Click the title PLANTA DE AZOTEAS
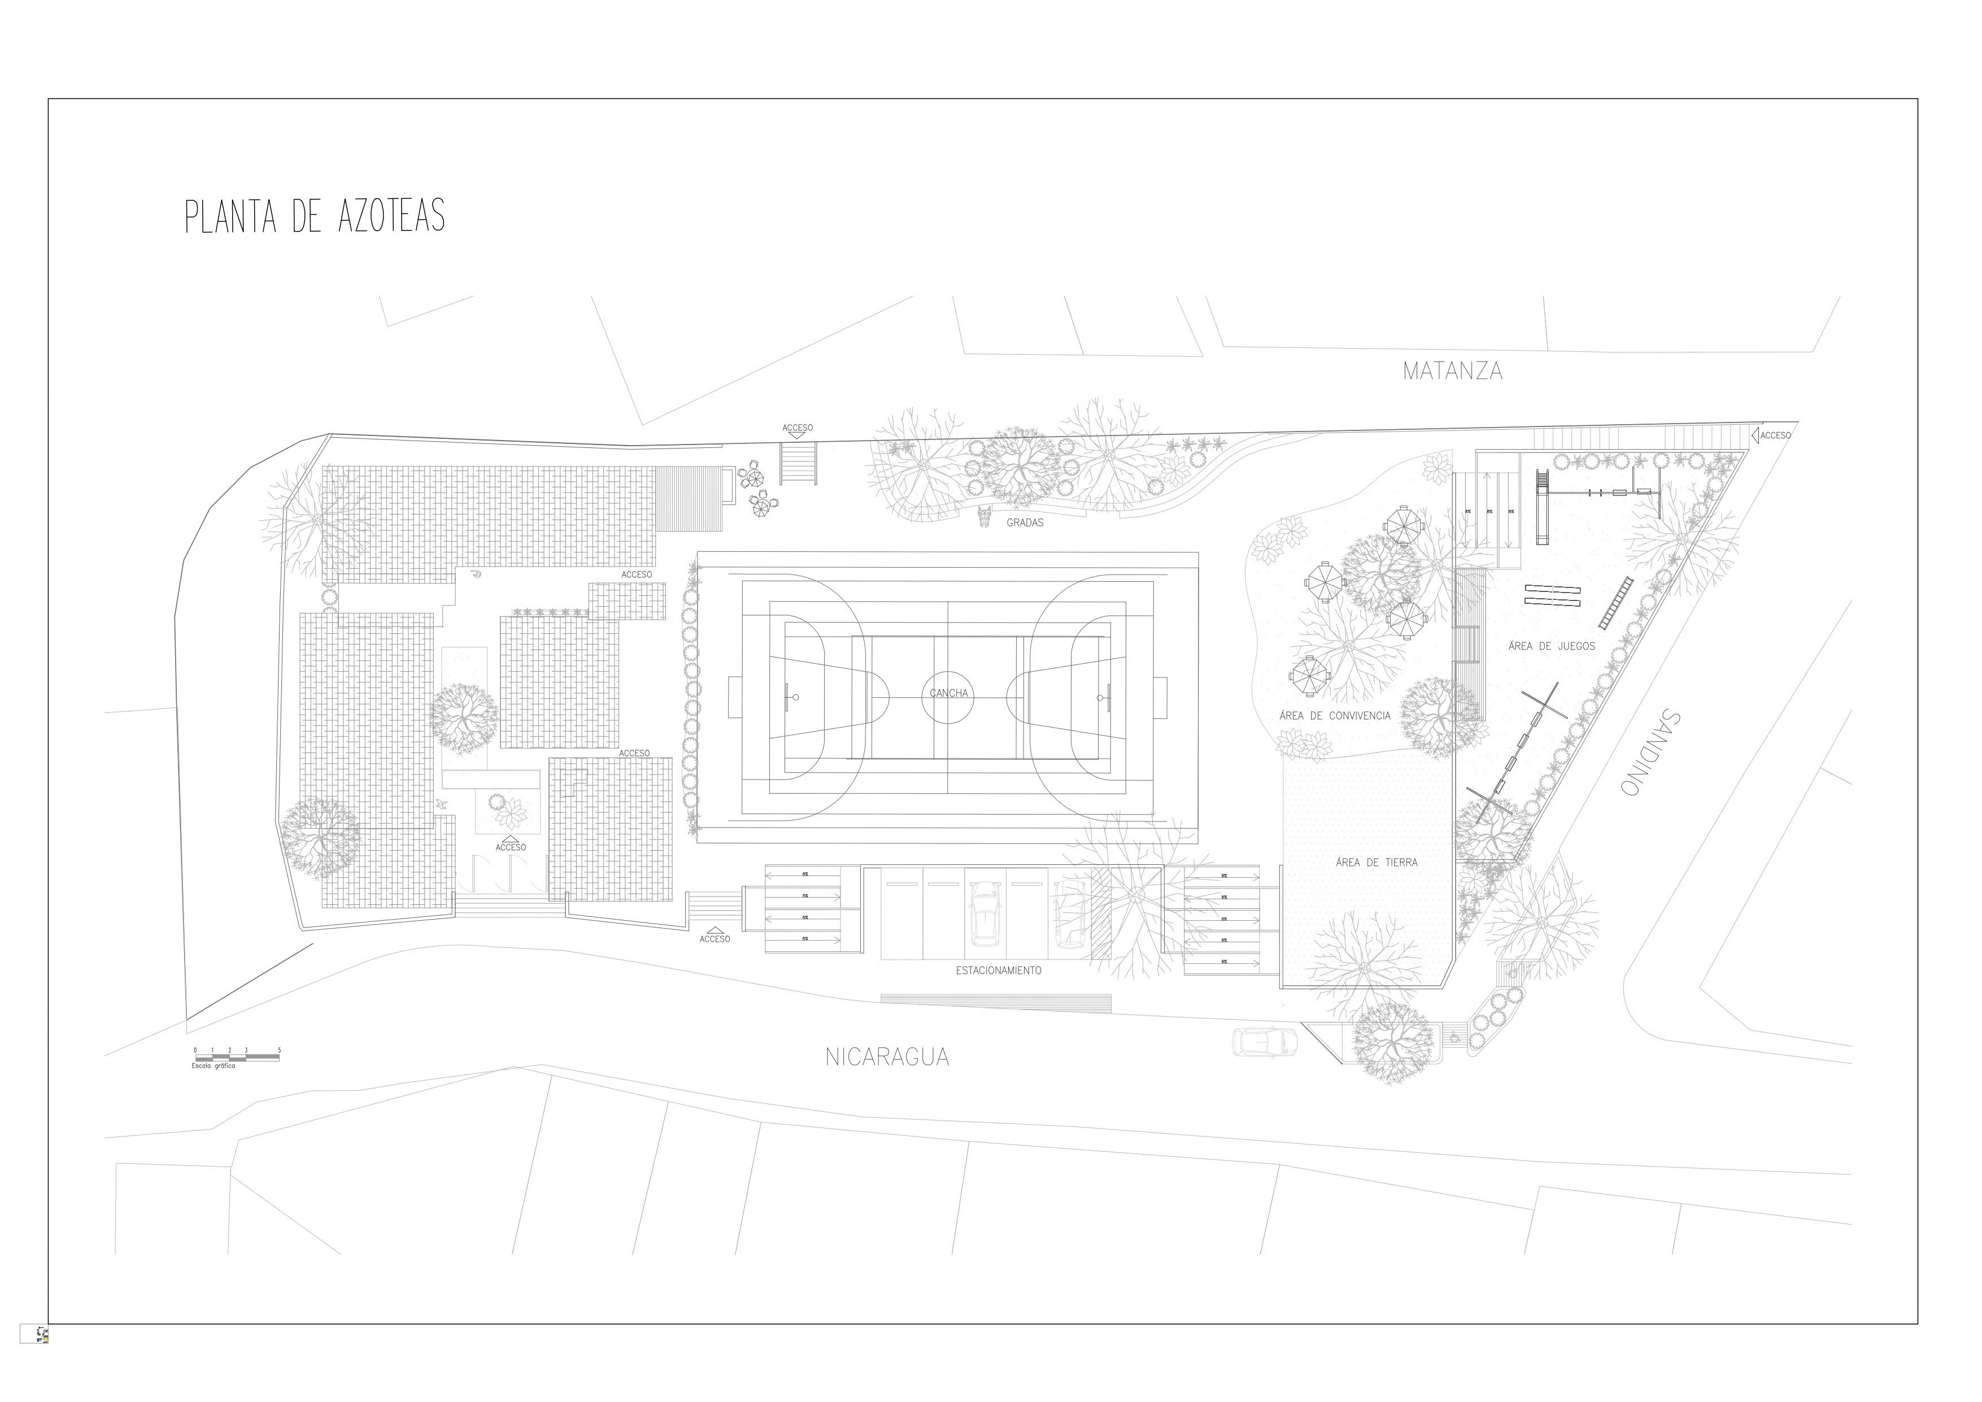coord(315,217)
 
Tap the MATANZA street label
coord(1452,371)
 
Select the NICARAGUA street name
coord(887,1057)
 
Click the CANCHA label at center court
coord(949,693)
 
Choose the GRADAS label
coord(1025,523)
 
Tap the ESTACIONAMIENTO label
coord(998,970)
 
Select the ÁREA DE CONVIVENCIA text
coord(1335,715)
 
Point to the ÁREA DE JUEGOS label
coord(1551,646)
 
